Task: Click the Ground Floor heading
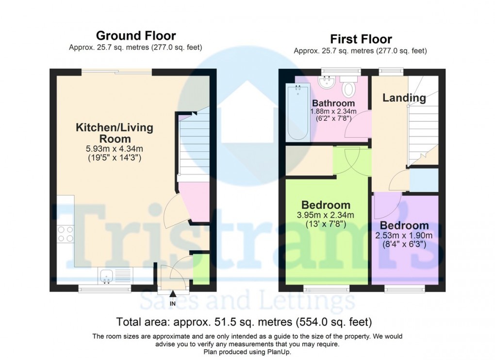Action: click(x=136, y=35)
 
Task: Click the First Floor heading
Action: click(x=361, y=39)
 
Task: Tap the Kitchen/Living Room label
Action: click(x=115, y=133)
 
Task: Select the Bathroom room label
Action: click(x=333, y=103)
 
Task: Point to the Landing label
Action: click(x=404, y=98)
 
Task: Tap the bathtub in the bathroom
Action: click(x=297, y=112)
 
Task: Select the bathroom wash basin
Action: click(x=327, y=82)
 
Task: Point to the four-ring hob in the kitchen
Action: click(x=66, y=235)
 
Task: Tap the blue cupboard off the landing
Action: click(x=424, y=180)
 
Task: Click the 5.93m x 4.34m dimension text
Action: click(x=115, y=149)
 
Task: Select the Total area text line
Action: click(x=244, y=322)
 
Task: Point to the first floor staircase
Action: click(x=422, y=126)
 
